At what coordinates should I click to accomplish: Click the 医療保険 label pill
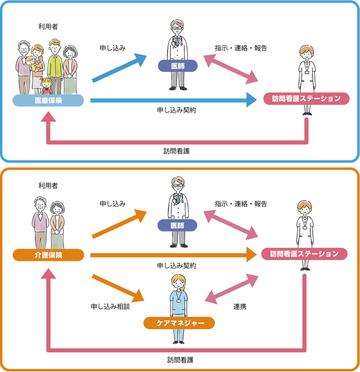[48, 101]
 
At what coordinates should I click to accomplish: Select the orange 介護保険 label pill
[48, 255]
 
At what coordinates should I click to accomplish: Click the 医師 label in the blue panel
[178, 66]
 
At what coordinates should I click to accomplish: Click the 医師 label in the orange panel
[177, 225]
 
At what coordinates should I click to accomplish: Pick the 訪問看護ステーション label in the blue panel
[306, 99]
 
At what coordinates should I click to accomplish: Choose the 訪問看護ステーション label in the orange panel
[304, 254]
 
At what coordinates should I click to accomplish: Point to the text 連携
[240, 307]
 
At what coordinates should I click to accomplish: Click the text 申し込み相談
[110, 307]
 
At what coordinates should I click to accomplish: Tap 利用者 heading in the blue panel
[48, 27]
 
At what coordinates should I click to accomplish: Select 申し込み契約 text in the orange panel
[176, 266]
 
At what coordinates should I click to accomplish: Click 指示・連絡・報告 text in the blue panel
[241, 48]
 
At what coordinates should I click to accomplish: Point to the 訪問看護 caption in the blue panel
[176, 151]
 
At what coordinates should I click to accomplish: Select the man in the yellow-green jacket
[55, 64]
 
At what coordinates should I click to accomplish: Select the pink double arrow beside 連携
[231, 289]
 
